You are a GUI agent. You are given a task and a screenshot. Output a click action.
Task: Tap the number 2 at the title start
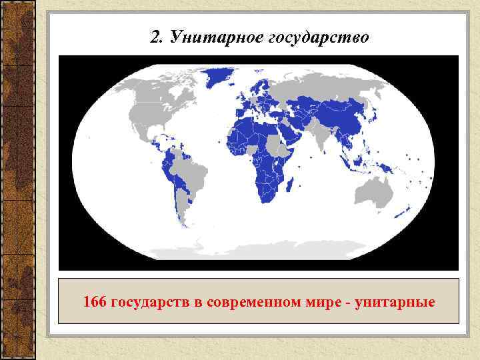(155, 37)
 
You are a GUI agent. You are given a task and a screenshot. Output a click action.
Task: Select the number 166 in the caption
(94, 303)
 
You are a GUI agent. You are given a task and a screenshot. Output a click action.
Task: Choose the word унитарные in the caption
(396, 303)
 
